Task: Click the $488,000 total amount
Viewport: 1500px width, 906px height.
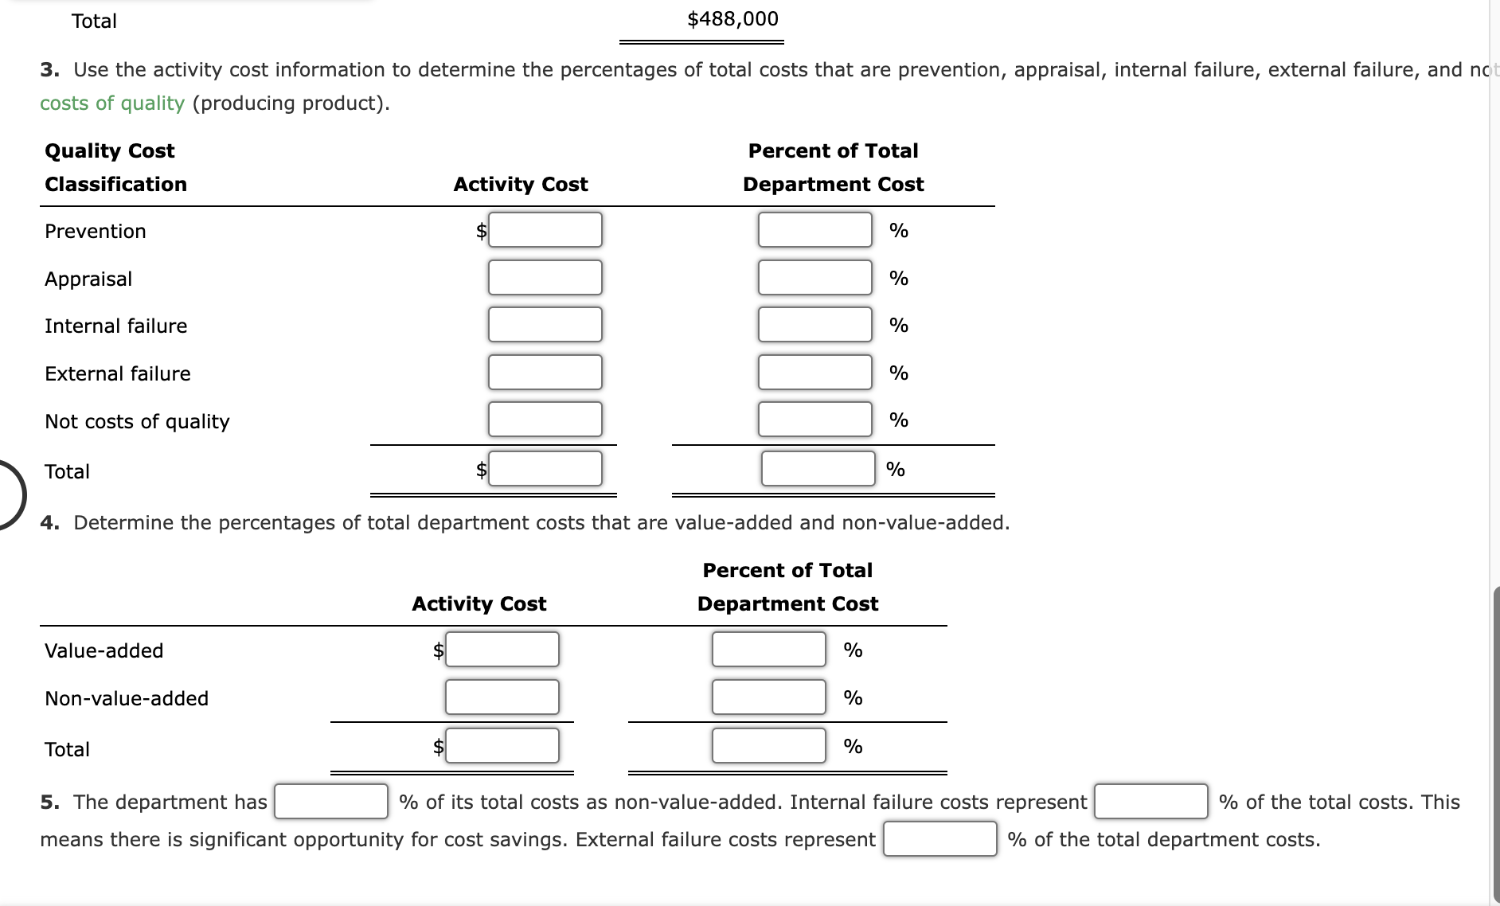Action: tap(732, 19)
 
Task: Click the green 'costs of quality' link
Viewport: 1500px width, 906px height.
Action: tap(112, 103)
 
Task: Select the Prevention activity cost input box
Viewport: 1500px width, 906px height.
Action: tap(545, 230)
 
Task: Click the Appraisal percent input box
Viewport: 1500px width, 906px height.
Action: tap(814, 278)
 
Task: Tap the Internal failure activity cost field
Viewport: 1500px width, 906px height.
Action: tap(545, 325)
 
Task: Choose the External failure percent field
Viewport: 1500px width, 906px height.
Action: tap(814, 373)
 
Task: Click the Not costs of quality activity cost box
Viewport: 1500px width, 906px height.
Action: tap(545, 420)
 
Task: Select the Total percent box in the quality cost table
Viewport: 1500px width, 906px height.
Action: tap(818, 469)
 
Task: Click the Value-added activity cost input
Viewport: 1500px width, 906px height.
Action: tap(502, 650)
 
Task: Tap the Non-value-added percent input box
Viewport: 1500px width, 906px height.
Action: tap(768, 697)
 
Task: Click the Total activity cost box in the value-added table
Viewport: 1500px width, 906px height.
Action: tap(502, 746)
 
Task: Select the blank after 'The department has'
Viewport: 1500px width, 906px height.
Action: tap(331, 802)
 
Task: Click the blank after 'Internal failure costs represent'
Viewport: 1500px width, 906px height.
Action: tap(1150, 802)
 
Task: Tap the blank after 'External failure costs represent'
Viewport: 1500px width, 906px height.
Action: tap(939, 839)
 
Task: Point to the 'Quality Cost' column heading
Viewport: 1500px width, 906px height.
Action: tap(110, 151)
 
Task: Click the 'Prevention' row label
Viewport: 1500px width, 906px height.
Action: tap(96, 232)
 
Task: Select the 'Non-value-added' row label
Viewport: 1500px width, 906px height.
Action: tap(127, 699)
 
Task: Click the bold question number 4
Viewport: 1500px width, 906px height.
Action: tap(49, 523)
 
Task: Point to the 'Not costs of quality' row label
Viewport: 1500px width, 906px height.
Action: tap(137, 422)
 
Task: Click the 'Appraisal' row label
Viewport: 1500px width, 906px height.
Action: tap(88, 279)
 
